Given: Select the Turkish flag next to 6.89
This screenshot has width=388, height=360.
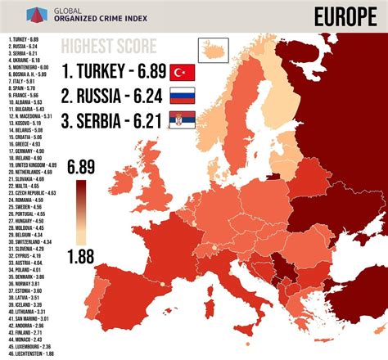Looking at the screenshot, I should click(x=182, y=72).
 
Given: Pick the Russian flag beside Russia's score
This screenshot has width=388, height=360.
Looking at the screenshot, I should click(x=182, y=97).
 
